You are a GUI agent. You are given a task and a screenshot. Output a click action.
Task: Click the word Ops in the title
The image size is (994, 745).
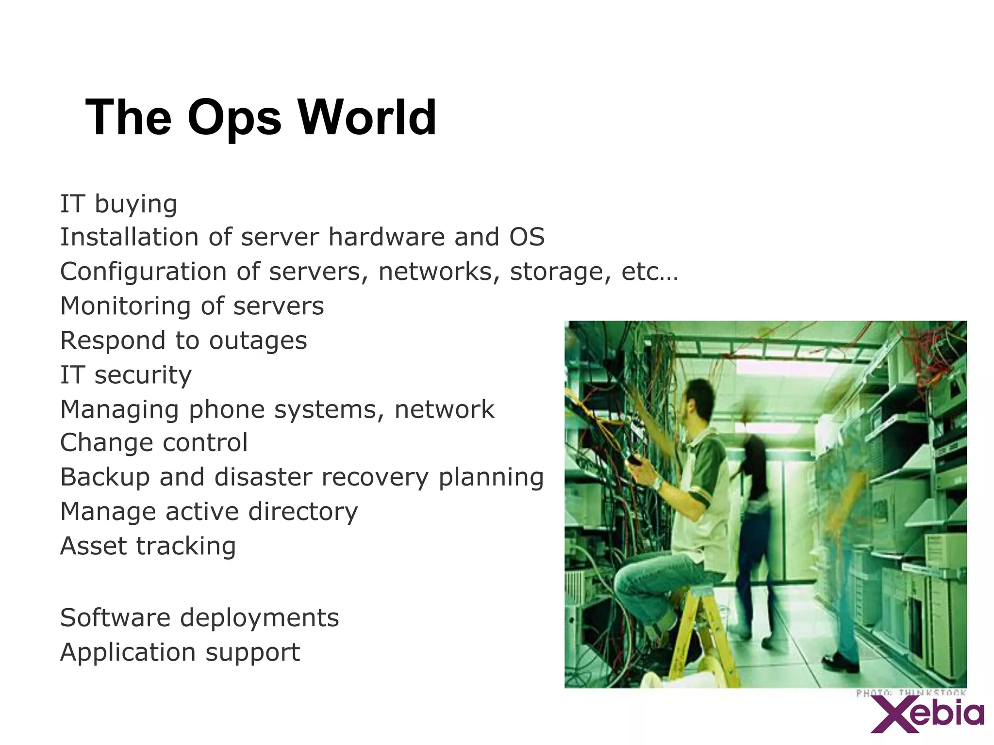point(234,118)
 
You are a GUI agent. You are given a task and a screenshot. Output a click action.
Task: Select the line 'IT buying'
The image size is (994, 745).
point(118,204)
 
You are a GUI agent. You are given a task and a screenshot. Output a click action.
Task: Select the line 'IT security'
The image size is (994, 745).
point(126,375)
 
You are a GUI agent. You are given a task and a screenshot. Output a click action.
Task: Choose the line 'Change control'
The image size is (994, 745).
point(154,443)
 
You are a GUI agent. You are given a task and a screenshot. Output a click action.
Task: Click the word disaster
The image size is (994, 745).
point(263,477)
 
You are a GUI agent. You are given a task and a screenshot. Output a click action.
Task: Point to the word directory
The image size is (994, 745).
point(303,512)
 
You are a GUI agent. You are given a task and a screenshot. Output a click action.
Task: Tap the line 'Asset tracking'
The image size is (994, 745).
point(148,546)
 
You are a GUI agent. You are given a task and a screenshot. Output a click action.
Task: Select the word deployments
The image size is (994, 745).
point(259,618)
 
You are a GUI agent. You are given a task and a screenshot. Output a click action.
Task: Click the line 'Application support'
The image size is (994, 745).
point(180,653)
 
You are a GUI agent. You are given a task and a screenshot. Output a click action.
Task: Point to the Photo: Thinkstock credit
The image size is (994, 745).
point(911,693)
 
